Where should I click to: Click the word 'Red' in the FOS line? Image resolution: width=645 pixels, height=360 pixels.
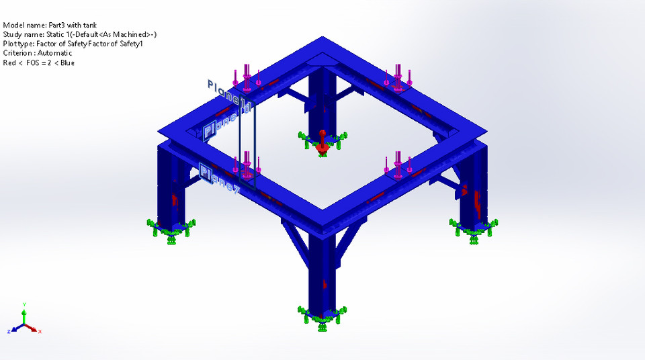tap(9, 62)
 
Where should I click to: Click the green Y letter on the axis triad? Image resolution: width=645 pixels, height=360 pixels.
tap(24, 304)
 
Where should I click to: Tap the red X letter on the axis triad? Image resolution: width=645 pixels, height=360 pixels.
tap(40, 331)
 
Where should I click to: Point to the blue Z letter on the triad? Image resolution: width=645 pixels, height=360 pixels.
tap(9, 331)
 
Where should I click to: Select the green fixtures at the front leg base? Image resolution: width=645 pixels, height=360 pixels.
tap(322, 316)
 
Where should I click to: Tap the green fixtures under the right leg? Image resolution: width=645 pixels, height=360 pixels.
tap(474, 229)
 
